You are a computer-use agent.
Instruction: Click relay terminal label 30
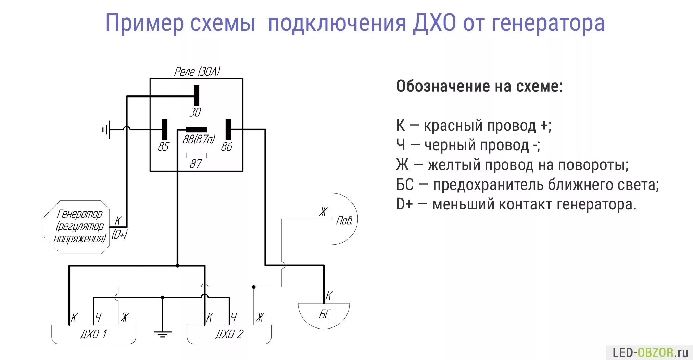pos(195,112)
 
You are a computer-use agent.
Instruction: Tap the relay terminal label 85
pos(163,146)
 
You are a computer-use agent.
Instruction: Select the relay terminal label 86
pos(226,146)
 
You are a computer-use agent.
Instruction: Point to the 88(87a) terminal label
pos(199,139)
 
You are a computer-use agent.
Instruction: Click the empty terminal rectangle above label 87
pos(196,155)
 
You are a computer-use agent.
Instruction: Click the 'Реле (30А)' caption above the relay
pos(197,72)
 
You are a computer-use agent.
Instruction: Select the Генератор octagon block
pos(77,227)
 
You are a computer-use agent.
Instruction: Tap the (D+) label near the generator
pos(119,234)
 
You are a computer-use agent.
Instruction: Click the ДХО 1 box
pos(93,334)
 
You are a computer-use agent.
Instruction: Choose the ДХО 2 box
pos(229,334)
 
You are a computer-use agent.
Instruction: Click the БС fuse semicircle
pos(324,314)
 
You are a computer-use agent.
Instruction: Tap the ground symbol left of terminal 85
pos(106,130)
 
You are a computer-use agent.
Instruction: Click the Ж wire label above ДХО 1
pos(125,317)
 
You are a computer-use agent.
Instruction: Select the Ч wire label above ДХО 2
pos(234,317)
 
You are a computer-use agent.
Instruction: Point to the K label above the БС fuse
pos(329,295)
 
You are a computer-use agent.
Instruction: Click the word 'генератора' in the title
pos(548,23)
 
